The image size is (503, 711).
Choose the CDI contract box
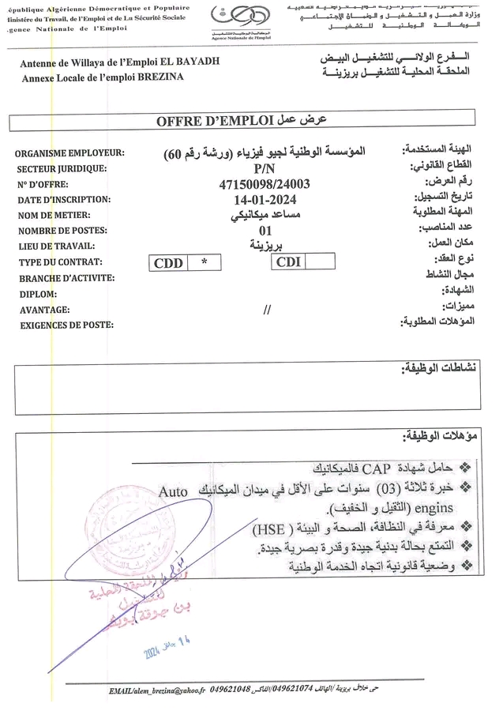(x=288, y=262)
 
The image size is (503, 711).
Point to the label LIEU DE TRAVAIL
(x=58, y=246)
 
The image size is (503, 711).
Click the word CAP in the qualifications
(x=352, y=466)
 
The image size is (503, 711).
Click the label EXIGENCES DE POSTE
(x=66, y=325)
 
